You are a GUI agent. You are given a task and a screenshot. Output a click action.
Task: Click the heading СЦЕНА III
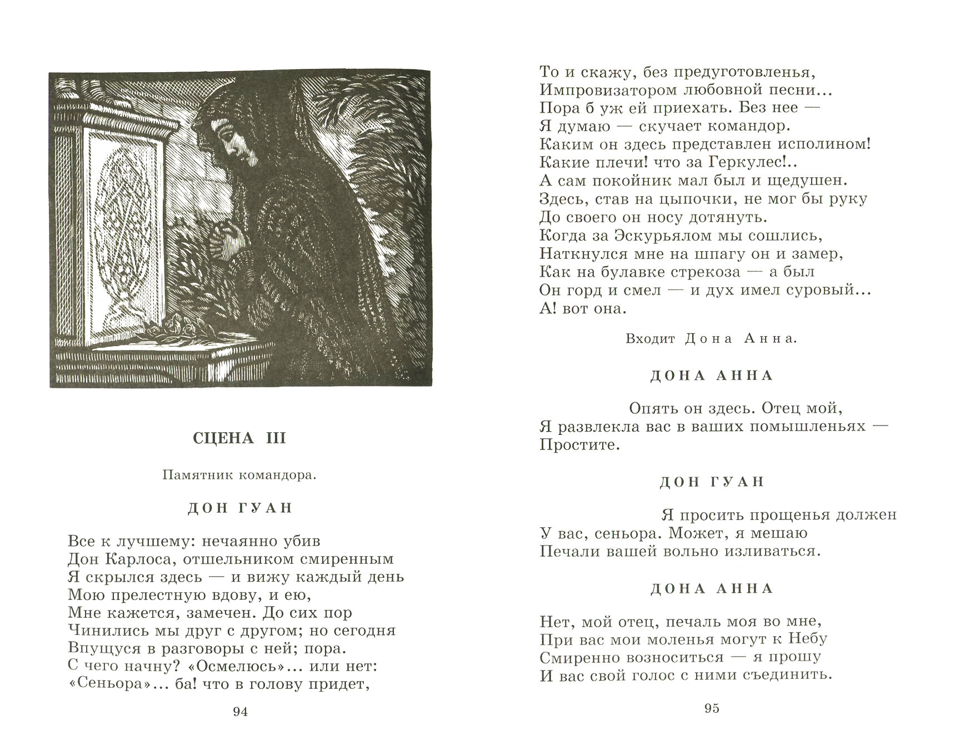click(x=239, y=438)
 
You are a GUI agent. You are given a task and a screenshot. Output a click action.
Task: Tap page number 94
click(x=240, y=712)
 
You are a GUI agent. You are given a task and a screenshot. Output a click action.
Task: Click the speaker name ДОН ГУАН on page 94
click(x=239, y=508)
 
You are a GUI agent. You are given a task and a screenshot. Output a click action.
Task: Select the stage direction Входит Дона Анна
click(x=712, y=339)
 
